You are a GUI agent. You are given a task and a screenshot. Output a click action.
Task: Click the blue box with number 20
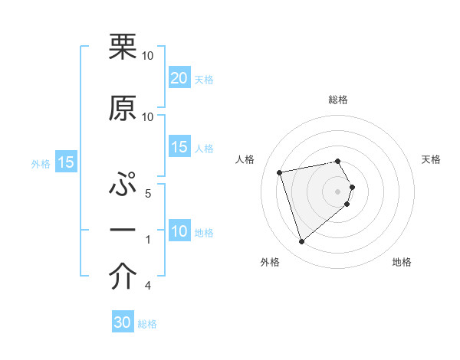(179, 78)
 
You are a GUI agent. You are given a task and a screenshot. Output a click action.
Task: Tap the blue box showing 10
(179, 231)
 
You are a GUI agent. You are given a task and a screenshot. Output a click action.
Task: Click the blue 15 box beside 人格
(179, 148)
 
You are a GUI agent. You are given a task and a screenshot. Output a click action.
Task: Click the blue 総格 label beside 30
(147, 324)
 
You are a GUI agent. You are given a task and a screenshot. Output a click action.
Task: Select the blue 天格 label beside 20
(204, 79)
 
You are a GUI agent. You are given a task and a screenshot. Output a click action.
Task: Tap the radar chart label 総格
(338, 100)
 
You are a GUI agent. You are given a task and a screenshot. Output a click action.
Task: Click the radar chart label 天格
(432, 159)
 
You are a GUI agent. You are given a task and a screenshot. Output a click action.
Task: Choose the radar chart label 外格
(270, 262)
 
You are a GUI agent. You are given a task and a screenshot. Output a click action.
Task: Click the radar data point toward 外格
(301, 242)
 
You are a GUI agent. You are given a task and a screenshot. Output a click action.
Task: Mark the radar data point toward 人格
(280, 172)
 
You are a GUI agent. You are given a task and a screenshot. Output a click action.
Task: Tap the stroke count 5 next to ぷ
(147, 194)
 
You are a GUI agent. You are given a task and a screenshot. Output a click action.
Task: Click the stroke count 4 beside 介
(147, 286)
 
